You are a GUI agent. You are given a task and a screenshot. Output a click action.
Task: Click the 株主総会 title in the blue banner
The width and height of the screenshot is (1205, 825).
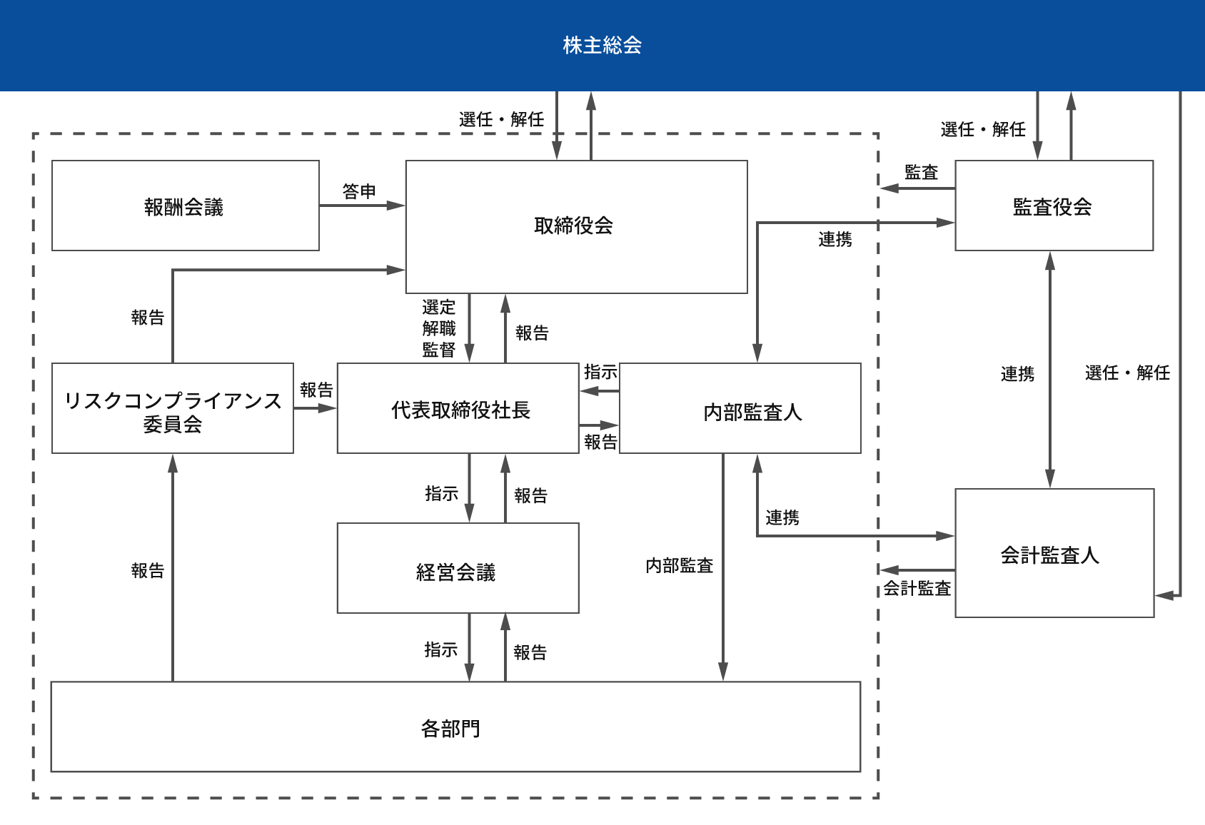[602, 45]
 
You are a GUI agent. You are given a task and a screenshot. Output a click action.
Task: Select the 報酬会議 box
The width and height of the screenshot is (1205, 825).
[185, 206]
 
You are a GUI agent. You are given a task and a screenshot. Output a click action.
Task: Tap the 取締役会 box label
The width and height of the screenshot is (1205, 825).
[573, 226]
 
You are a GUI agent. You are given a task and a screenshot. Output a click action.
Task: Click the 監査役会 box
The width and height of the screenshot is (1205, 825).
[1053, 206]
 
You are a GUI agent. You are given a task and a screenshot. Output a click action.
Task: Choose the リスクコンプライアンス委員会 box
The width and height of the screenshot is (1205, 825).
[173, 410]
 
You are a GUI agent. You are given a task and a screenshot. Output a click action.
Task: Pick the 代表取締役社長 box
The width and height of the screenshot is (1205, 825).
[460, 410]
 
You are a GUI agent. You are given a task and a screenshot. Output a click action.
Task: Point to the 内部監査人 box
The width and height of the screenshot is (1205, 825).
[752, 412]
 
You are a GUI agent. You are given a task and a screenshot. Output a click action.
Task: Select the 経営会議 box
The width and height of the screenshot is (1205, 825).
[456, 571]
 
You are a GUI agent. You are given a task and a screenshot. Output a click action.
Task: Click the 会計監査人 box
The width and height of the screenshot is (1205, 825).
[1049, 555]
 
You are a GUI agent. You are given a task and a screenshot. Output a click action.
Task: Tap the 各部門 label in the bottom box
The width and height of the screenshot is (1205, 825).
[450, 728]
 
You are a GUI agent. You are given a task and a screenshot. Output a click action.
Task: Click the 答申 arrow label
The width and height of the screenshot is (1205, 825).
[359, 191]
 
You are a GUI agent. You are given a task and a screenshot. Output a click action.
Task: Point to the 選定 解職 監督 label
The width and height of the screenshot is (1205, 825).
[438, 328]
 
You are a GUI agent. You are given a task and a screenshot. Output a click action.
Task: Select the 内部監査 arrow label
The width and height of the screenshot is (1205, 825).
[679, 565]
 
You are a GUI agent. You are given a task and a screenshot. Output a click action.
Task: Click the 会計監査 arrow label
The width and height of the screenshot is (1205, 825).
[917, 588]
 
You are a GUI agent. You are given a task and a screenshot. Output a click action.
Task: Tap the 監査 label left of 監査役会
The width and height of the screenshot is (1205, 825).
[921, 172]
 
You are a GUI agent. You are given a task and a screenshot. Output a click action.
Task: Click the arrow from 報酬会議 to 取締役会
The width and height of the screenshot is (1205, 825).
[361, 206]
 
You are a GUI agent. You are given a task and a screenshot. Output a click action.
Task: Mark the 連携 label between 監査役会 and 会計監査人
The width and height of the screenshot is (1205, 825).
[1017, 373]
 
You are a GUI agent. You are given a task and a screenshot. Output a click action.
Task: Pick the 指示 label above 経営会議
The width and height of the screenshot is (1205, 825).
[441, 493]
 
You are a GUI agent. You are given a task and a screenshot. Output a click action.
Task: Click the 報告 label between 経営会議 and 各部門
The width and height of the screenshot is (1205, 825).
[530, 652]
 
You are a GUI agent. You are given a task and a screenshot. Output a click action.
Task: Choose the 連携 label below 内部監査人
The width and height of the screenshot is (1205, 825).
[782, 517]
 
